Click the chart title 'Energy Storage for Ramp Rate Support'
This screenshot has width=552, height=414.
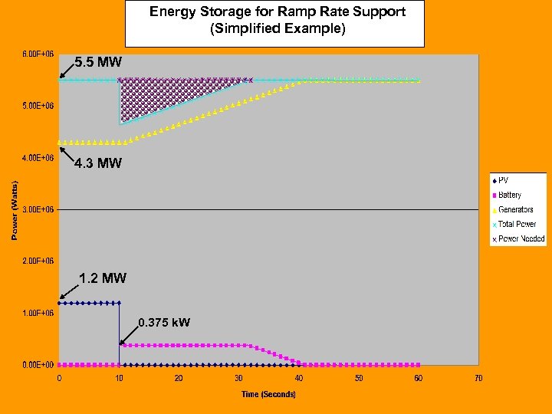(277, 11)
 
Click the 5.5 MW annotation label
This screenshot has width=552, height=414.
(97, 61)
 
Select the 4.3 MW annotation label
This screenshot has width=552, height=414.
(97, 163)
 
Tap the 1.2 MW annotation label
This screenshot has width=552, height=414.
(103, 278)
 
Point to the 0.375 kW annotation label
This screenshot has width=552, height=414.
(164, 322)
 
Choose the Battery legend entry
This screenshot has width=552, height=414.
(510, 195)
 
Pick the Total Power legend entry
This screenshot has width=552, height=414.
(517, 224)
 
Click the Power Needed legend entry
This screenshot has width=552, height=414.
(521, 238)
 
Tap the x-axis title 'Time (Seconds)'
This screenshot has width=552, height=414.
(268, 394)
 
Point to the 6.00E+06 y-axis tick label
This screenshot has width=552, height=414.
(37, 54)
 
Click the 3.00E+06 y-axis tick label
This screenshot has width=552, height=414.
(37, 209)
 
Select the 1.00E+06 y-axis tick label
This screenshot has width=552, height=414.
(37, 313)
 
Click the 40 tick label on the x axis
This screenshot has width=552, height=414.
(299, 378)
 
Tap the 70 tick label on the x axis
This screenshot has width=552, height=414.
(478, 378)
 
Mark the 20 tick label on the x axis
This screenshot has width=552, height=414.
(179, 378)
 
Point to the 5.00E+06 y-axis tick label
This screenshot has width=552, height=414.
(37, 105)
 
